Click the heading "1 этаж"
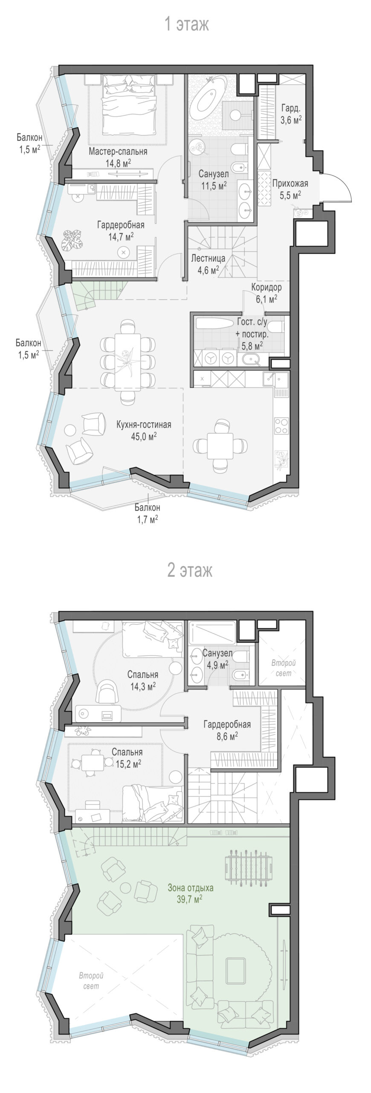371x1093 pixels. coord(187,24)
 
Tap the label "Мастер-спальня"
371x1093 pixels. coord(118,151)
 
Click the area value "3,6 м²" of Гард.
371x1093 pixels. coord(290,120)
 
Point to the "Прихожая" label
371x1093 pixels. coord(290,184)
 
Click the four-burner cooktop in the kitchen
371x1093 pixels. coord(281,425)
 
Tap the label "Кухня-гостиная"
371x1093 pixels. coord(144,424)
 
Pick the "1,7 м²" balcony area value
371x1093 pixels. coord(147,519)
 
